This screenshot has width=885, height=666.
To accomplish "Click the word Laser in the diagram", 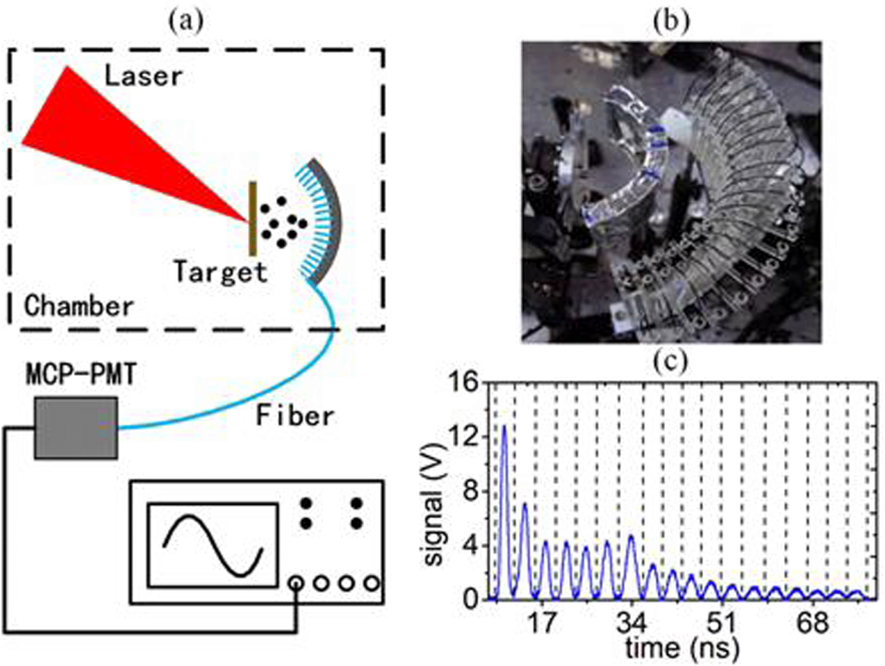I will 144,76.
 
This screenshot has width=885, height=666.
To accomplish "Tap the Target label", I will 220,272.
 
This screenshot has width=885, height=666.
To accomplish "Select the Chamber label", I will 79,306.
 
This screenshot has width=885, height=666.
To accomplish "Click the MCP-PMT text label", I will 81,374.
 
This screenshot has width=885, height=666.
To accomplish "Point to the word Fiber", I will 295,416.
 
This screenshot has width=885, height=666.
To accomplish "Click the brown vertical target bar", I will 252,219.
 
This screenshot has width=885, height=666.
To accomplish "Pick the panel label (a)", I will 186,21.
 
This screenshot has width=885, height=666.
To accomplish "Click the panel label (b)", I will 671,21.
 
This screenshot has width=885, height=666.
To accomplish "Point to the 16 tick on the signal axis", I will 463,382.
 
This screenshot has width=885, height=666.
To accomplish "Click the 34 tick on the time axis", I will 631,622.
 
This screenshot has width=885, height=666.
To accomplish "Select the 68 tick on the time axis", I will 812,622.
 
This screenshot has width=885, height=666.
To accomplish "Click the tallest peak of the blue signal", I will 505,426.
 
